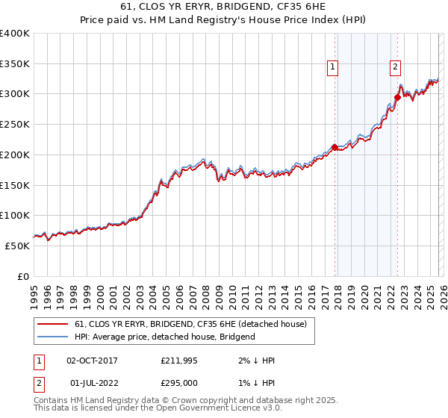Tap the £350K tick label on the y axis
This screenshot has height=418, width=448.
tap(15, 64)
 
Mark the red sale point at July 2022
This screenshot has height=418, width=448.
tap(397, 97)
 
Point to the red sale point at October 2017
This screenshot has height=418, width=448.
tap(335, 147)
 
